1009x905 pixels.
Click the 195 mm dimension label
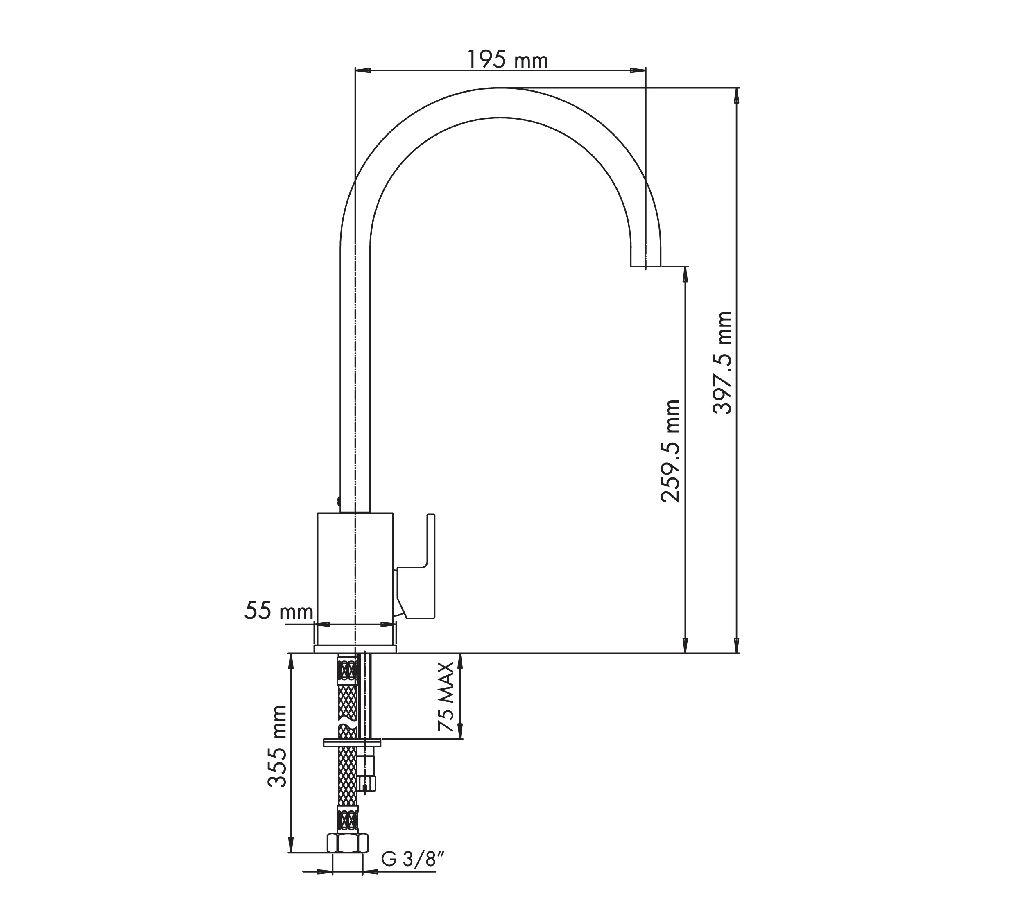click(x=507, y=60)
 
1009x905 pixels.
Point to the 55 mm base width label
click(x=278, y=611)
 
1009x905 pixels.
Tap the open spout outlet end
click(x=645, y=266)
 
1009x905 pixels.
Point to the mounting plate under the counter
click(x=352, y=743)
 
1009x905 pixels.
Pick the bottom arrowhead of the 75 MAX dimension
click(x=460, y=731)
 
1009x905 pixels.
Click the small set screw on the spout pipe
click(x=338, y=501)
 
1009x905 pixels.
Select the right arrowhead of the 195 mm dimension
click(x=638, y=70)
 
